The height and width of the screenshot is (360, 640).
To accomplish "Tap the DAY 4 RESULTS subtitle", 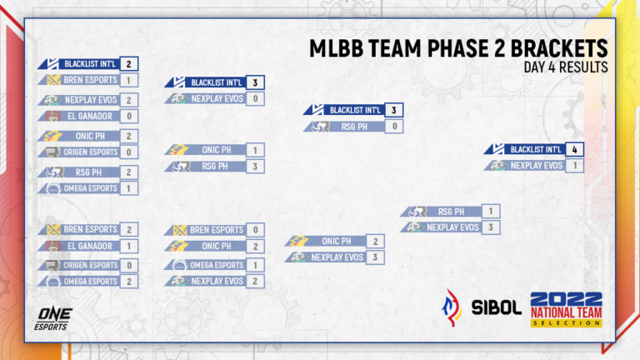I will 566,67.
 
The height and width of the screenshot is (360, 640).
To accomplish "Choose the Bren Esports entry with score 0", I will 216,230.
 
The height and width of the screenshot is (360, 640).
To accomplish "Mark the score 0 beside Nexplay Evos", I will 256,99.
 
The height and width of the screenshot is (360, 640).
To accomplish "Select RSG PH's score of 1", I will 492,212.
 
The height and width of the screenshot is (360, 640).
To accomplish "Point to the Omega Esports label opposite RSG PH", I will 90,188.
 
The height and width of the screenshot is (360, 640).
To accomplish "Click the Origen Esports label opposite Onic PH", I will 90,152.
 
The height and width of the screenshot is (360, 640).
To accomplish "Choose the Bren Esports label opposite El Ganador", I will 89,230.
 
